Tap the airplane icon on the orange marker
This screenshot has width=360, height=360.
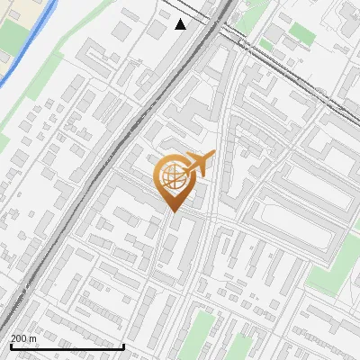197,164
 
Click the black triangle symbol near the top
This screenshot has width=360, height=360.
181,24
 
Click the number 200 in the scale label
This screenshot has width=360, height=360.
19,338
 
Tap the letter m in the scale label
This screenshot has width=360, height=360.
33,338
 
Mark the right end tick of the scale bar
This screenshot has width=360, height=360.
123,346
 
